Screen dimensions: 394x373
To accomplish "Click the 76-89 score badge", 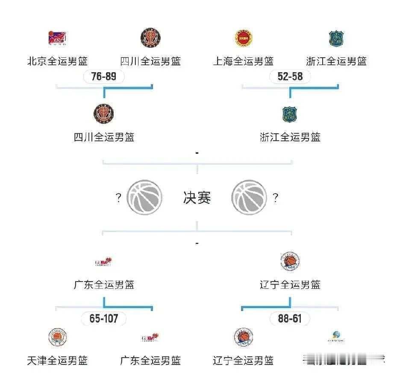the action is tap(104, 77).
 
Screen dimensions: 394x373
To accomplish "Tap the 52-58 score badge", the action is tap(290, 77).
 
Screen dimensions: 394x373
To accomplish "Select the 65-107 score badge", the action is tap(104, 319).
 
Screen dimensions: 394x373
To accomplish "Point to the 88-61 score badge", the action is tap(290, 319).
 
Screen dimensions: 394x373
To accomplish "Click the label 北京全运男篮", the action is tap(58, 61).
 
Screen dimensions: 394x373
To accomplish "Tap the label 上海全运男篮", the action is tap(244, 61).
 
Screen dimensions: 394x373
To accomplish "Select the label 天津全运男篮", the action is tap(58, 360).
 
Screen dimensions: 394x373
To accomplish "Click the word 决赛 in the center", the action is tap(197, 198).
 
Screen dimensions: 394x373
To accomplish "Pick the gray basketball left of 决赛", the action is tap(145, 197).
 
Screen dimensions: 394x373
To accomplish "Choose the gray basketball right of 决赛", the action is tap(249, 197).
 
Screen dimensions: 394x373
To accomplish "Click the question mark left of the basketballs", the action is tap(118, 198).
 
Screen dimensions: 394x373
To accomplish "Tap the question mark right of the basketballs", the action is tap(276, 198).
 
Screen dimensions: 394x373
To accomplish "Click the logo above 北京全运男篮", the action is tap(58, 38).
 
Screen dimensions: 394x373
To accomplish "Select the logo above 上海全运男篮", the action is tap(244, 38).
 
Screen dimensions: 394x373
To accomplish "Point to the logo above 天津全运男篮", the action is tap(58, 338).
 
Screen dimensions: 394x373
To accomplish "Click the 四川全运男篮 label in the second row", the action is tap(104, 137).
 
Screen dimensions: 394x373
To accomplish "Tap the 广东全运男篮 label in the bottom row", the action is tap(150, 360).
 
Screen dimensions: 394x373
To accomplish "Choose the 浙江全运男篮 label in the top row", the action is tap(336, 61).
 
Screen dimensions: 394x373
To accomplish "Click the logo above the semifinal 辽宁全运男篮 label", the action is tap(290, 261).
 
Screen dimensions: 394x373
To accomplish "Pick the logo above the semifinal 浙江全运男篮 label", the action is tap(290, 114).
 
